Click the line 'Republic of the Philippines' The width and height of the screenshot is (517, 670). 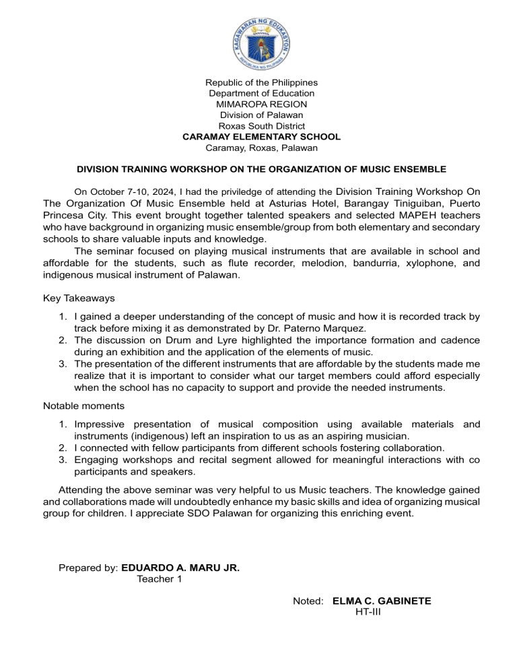261,82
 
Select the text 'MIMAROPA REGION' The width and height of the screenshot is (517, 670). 261,104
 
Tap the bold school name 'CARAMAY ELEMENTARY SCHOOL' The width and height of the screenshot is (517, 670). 261,137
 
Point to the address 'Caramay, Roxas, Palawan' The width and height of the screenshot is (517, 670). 261,148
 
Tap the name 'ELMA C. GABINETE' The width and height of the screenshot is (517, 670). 382,601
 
